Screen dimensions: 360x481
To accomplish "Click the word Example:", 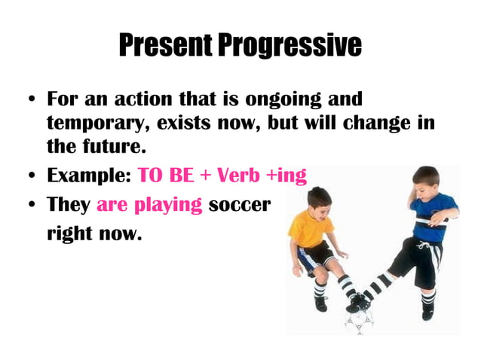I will (89, 176).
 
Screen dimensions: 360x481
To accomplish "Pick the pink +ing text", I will (286, 176).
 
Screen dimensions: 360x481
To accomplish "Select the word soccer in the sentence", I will (239, 205).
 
